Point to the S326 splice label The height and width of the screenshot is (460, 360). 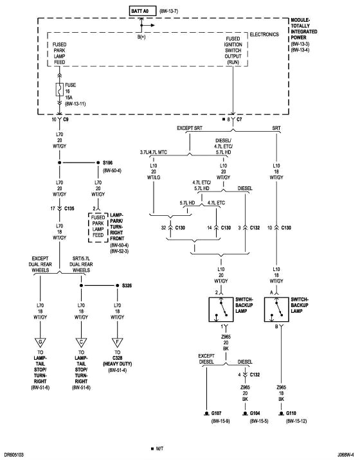tap(126, 285)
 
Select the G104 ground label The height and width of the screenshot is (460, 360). tap(254, 413)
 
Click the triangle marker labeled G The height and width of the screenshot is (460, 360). tap(40, 341)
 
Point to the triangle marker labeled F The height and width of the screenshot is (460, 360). tap(116, 341)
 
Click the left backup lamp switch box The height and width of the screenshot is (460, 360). tap(221, 309)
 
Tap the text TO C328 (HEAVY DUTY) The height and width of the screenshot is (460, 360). tap(117, 363)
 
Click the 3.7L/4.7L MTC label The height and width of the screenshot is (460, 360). tap(158, 152)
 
